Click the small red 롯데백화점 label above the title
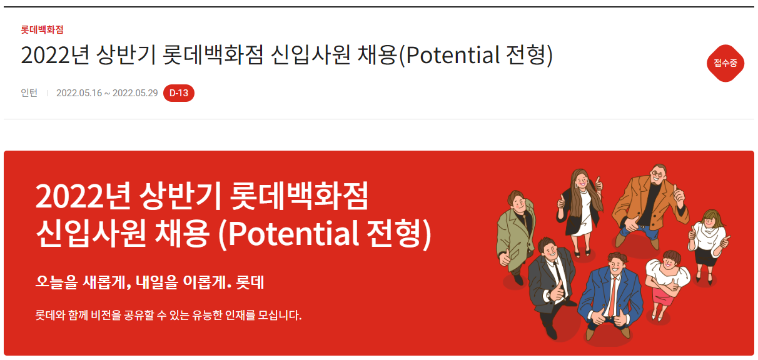click(42, 29)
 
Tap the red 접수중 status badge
click(725, 63)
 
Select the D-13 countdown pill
click(179, 93)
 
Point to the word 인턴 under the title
click(29, 93)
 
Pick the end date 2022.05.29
click(135, 93)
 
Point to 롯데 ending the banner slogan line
click(250, 282)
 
